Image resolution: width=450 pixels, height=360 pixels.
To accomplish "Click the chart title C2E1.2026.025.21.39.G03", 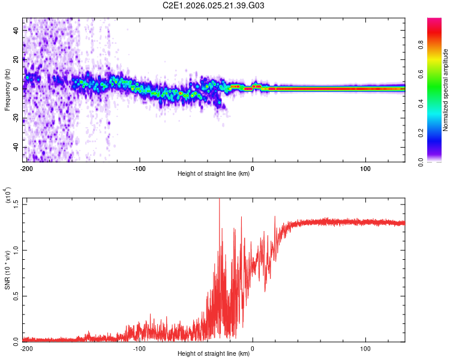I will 213,5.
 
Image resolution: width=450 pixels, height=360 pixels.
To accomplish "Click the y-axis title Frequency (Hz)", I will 8,89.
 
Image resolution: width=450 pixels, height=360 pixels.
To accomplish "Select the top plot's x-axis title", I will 214,174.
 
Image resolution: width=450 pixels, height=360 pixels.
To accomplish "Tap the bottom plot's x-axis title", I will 214,353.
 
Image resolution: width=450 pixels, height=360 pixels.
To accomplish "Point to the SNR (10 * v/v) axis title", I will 8,269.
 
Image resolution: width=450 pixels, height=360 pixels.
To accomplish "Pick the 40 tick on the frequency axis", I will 16,31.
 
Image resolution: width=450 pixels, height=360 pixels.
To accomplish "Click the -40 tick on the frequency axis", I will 15,148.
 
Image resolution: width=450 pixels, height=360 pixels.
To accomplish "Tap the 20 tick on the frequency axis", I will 16,60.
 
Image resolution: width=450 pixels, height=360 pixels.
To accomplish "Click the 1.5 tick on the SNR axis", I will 16,203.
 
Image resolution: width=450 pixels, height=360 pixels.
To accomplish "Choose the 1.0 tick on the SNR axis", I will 16,249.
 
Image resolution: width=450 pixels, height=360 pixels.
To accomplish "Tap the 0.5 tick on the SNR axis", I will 16,295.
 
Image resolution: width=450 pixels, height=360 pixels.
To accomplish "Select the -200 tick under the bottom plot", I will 26,347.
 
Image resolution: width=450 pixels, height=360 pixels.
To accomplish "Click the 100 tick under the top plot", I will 365,168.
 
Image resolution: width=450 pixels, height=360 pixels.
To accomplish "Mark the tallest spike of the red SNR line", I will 219,200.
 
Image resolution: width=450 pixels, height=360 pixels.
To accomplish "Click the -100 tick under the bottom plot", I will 139,347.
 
